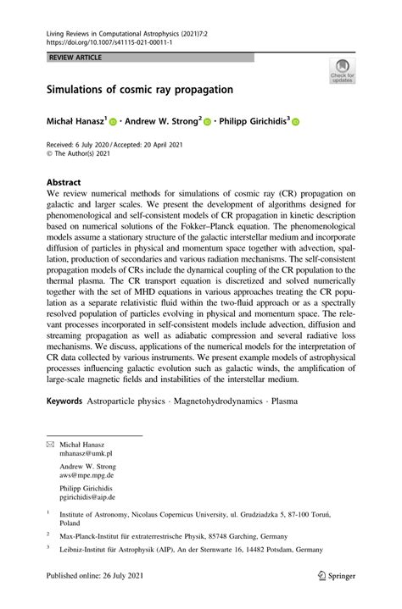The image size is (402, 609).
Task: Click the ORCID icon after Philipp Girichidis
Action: tap(296, 122)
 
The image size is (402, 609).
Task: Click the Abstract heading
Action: tap(64, 182)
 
